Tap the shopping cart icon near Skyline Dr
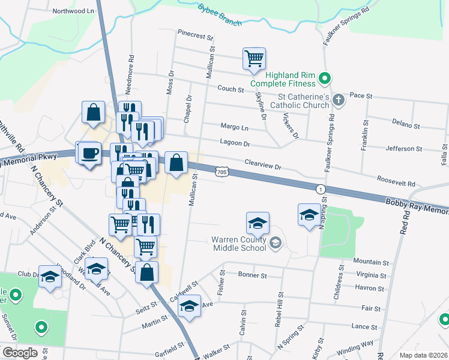(255, 59)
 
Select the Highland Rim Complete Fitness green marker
(325, 78)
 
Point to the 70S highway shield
(222, 172)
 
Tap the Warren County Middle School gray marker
(276, 243)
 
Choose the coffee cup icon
(89, 152)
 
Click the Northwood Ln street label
(74, 11)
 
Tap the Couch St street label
(231, 89)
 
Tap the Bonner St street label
(252, 275)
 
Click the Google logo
(20, 353)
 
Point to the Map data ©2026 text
(423, 355)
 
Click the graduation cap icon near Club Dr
(50, 276)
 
